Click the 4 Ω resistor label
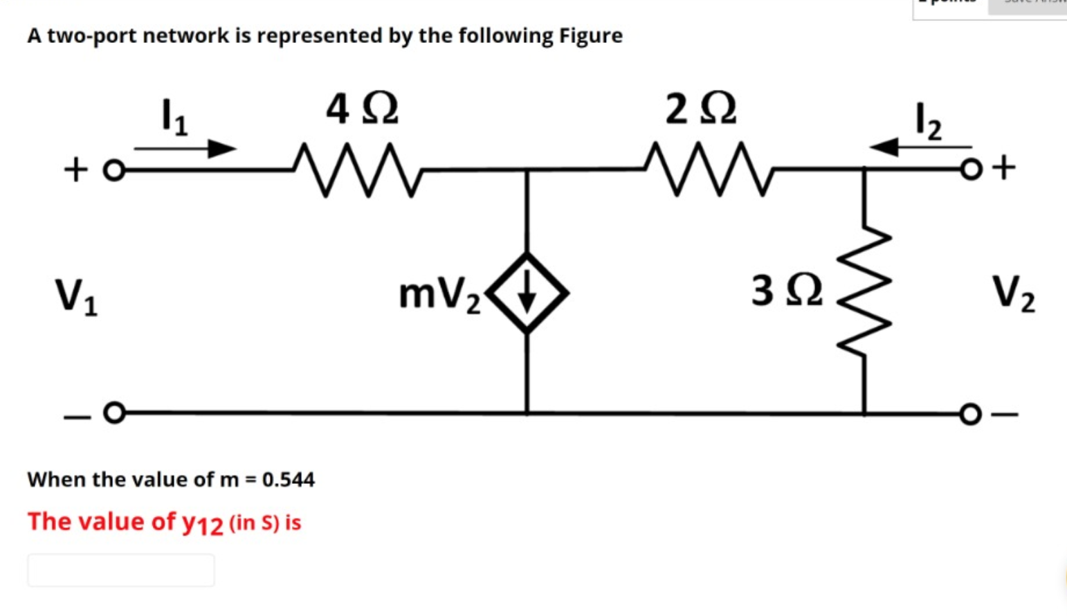(362, 109)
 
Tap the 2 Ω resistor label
(700, 109)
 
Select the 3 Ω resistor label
(787, 290)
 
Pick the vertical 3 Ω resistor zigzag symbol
(864, 291)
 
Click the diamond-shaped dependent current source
(527, 293)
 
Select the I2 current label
(928, 120)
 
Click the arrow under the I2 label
(920, 147)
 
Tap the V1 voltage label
(76, 296)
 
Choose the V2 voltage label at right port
(1013, 293)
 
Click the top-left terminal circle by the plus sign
(114, 170)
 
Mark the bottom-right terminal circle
(970, 414)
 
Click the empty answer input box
(121, 570)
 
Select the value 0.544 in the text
(288, 479)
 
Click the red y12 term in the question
(202, 523)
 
